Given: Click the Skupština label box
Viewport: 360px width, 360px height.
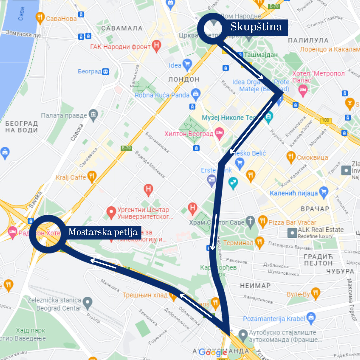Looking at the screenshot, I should (256, 27).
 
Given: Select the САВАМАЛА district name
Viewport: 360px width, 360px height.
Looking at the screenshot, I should (122, 28).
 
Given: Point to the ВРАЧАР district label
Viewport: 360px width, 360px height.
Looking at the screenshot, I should (315, 209).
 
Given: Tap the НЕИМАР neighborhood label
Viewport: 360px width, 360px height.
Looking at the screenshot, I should (255, 286).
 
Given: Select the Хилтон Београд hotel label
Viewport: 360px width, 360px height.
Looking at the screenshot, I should (189, 134).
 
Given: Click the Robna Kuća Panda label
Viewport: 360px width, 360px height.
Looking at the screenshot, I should (162, 95).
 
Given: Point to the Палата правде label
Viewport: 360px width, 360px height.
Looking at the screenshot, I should (64, 115).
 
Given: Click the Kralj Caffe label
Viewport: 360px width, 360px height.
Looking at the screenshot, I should (71, 177).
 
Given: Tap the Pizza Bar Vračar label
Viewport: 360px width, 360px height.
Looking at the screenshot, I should (292, 222).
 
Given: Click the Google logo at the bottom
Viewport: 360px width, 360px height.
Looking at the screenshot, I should (213, 352).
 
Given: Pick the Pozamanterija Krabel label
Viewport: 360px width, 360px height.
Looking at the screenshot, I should (274, 319).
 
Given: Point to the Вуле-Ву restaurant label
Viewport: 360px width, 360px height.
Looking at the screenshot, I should (298, 294).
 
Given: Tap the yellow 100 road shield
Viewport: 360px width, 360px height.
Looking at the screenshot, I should (326, 121).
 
